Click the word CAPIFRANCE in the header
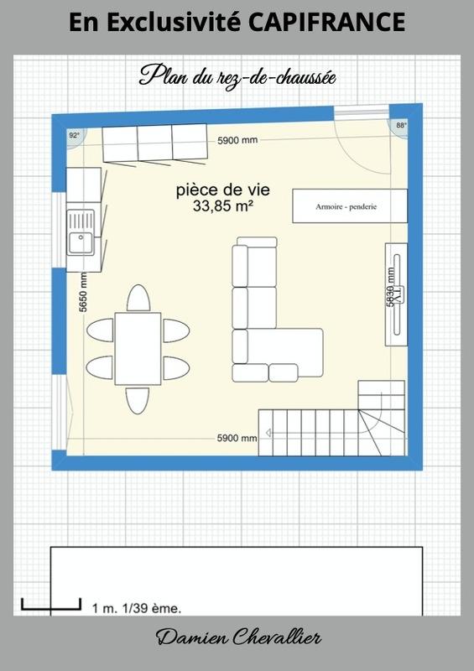tap(327, 23)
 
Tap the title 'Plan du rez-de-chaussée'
tap(237, 76)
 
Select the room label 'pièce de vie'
tap(223, 190)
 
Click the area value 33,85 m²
tap(223, 205)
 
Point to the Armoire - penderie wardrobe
tap(349, 205)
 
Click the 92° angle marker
tap(74, 134)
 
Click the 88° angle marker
tap(401, 126)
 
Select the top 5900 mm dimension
tap(237, 140)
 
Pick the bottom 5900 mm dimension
tap(237, 438)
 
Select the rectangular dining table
tap(138, 347)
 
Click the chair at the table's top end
tap(138, 298)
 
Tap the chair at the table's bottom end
tap(138, 399)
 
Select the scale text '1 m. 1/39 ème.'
tap(135, 607)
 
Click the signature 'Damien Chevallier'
tap(237, 639)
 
